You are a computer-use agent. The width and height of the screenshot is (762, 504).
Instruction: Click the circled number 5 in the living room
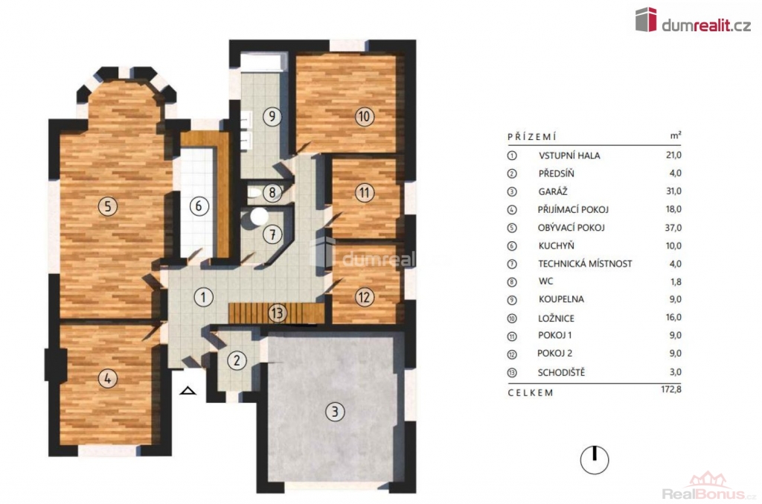(x=108, y=206)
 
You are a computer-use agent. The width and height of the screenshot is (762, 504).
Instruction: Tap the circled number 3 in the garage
(x=334, y=412)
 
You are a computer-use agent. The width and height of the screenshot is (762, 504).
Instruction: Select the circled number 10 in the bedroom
(x=365, y=117)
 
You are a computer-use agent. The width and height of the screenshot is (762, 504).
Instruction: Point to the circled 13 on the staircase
(x=278, y=313)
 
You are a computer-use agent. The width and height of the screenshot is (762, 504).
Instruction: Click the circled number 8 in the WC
(x=272, y=193)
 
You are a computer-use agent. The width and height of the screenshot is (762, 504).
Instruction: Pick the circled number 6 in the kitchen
(x=199, y=206)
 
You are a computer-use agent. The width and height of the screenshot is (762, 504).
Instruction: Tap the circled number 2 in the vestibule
(x=237, y=360)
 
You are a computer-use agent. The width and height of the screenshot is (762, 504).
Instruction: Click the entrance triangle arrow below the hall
(x=188, y=390)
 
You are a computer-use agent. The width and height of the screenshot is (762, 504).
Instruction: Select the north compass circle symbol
(x=595, y=459)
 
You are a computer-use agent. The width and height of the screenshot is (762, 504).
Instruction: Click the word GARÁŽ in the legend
(x=553, y=191)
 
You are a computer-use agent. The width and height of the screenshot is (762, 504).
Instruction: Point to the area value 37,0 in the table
(x=673, y=228)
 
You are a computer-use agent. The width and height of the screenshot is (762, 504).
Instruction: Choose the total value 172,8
(x=671, y=389)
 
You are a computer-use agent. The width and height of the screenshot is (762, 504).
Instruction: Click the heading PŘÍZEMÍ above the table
(x=531, y=136)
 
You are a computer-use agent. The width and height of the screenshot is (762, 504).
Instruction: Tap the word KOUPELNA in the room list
(x=561, y=299)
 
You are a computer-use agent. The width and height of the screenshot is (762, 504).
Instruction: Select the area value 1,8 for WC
(x=676, y=282)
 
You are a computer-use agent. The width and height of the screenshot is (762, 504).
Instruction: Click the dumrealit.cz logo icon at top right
(x=646, y=19)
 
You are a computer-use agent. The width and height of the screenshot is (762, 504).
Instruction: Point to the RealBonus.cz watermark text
(x=709, y=494)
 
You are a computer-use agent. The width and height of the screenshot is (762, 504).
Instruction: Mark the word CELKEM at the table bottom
(x=530, y=392)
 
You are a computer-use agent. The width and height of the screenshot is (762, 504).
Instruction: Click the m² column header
(x=676, y=135)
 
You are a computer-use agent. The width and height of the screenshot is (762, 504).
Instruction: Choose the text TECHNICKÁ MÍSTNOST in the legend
(x=585, y=264)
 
